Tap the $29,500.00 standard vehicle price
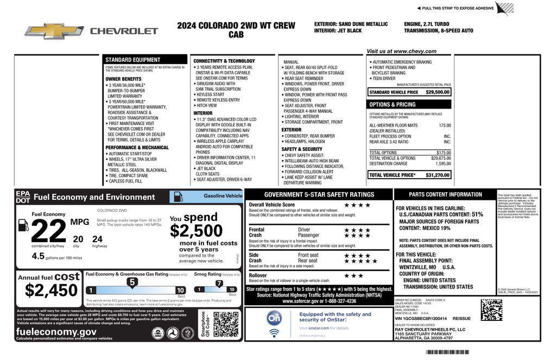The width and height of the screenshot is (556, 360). click(438, 92)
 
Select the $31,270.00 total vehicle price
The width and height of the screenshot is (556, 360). click(438, 175)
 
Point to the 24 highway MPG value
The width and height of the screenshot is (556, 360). click(97, 238)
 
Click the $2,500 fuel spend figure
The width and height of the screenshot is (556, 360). click(196, 231)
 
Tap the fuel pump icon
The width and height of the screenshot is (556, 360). click(23, 224)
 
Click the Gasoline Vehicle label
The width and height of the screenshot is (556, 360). click(223, 195)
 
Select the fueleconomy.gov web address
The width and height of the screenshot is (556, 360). click(56, 331)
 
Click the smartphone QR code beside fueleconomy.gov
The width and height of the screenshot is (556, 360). click(225, 324)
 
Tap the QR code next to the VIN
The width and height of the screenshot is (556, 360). click(491, 310)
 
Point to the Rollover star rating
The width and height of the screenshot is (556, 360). click(353, 275)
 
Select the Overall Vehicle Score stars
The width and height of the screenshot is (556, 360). click(357, 205)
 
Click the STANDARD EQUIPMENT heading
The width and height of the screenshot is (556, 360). click(132, 60)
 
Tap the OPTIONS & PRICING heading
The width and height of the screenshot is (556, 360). click(393, 104)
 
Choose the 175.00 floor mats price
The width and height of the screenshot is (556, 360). click(445, 125)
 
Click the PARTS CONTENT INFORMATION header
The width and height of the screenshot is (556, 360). click(445, 194)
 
